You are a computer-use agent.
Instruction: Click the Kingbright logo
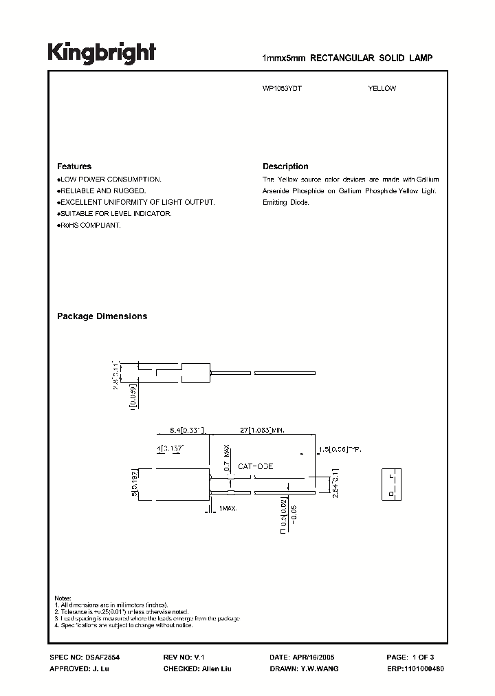[101, 53]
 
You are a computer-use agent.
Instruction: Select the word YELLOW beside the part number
[382, 88]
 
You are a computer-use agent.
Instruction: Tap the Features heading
[74, 166]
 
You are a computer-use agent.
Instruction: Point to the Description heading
[285, 166]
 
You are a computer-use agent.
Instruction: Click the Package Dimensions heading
[102, 316]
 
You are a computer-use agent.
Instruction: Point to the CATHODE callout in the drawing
[255, 466]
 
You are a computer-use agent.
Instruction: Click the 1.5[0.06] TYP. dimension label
[340, 450]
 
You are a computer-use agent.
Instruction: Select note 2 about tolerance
[131, 611]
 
